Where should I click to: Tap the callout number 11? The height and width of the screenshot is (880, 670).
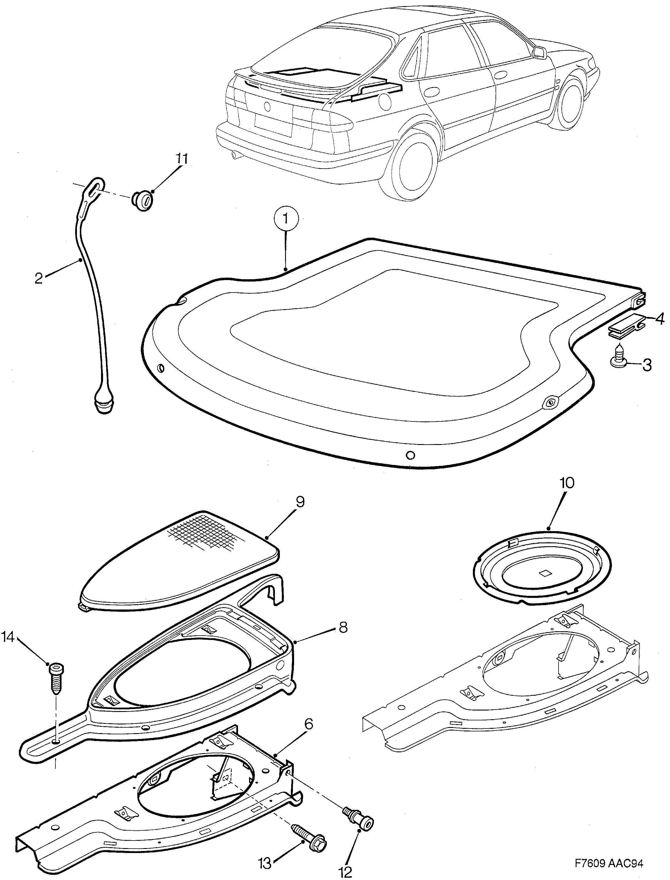[x=181, y=159]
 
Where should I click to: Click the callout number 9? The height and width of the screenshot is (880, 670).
[x=300, y=502]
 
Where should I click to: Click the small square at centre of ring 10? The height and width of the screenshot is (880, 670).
[x=544, y=574]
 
